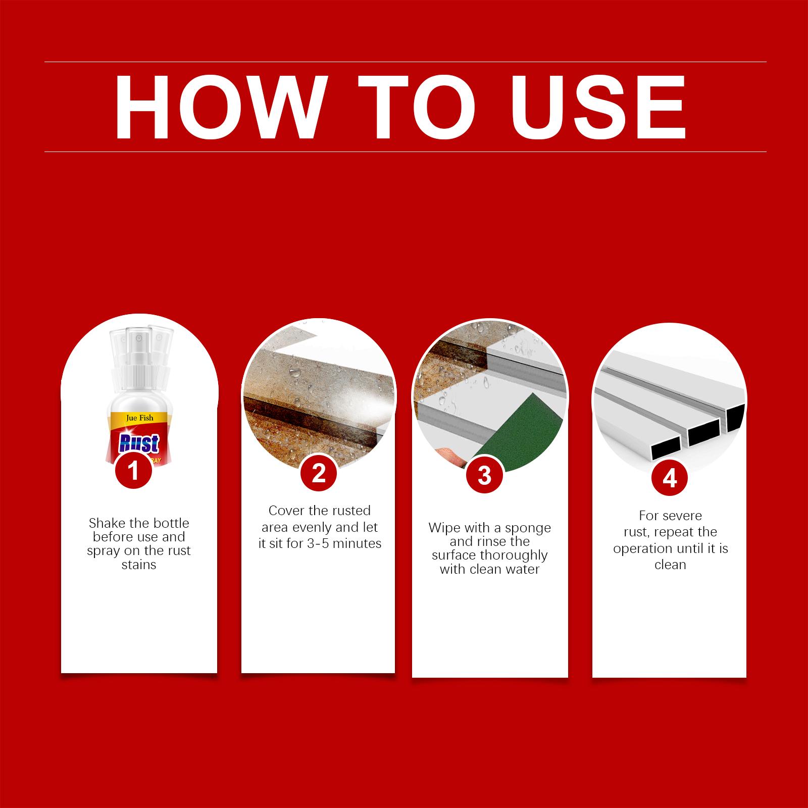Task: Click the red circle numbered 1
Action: pos(133,471)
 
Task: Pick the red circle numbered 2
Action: pos(318,473)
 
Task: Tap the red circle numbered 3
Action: pos(484,475)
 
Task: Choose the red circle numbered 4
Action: pos(670,477)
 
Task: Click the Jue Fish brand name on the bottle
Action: pos(140,418)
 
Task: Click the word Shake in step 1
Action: pos(107,523)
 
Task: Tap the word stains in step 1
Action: pos(139,565)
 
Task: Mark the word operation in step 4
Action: pos(644,549)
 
